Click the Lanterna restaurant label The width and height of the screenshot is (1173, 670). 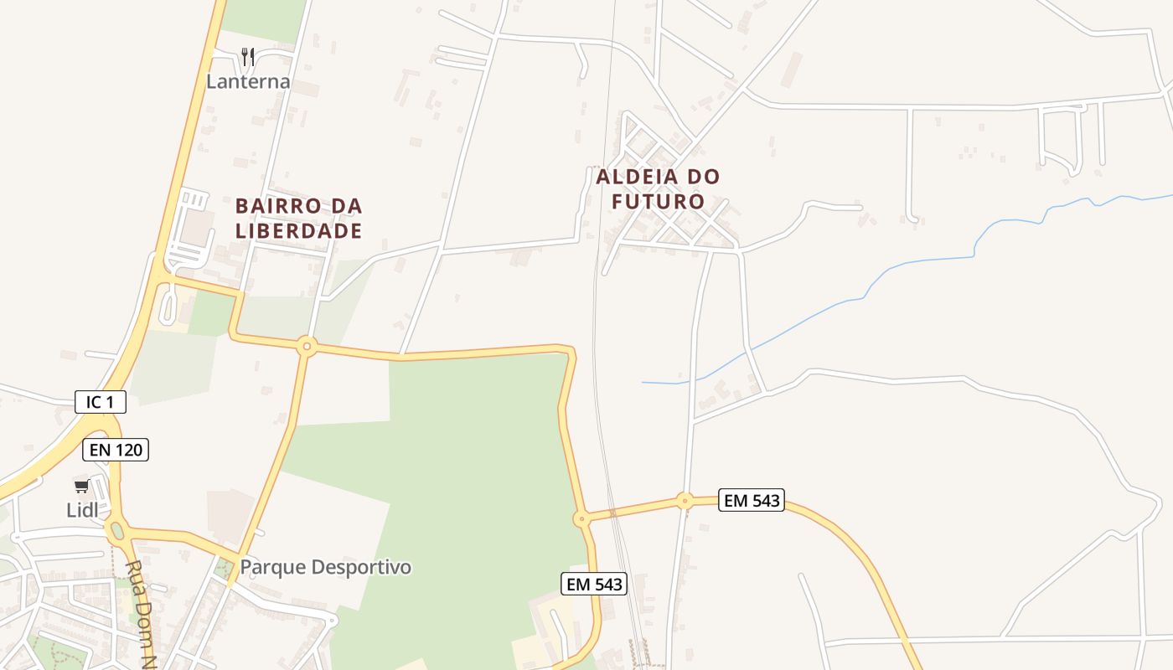(248, 81)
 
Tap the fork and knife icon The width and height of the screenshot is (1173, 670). (247, 56)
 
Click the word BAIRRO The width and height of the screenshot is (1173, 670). (275, 206)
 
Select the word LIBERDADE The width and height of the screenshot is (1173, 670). (298, 231)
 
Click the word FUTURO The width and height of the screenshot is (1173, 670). (658, 202)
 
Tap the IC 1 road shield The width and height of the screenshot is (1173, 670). (101, 402)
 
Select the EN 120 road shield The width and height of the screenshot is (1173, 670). (116, 450)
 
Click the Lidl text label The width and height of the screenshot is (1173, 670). (82, 510)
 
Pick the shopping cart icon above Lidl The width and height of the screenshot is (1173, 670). (81, 487)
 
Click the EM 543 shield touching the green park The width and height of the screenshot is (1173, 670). (594, 584)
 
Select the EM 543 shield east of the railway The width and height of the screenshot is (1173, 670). (752, 501)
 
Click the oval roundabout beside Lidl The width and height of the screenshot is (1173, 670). (116, 530)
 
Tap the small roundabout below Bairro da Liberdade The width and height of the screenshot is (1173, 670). (307, 345)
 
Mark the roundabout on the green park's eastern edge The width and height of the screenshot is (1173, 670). (581, 519)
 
